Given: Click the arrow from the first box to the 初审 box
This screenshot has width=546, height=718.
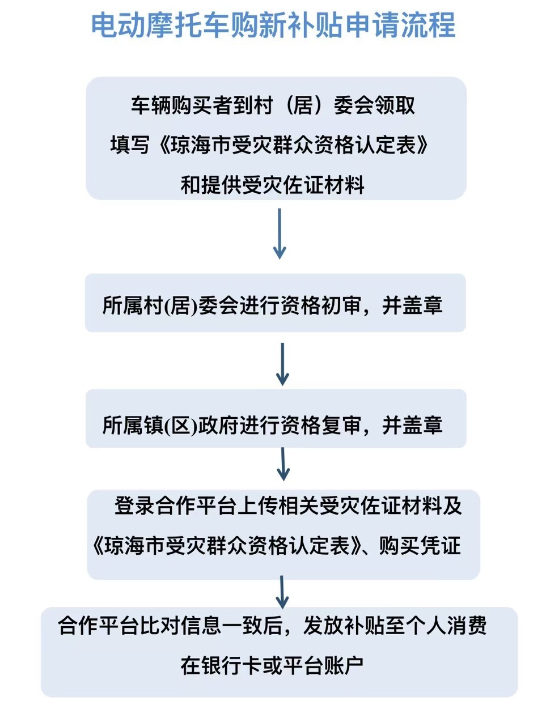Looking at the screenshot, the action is pyautogui.click(x=280, y=233).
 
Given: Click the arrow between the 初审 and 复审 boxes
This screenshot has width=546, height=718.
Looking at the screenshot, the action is pyautogui.click(x=282, y=364).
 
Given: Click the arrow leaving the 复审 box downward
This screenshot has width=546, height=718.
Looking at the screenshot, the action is pyautogui.click(x=283, y=464).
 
